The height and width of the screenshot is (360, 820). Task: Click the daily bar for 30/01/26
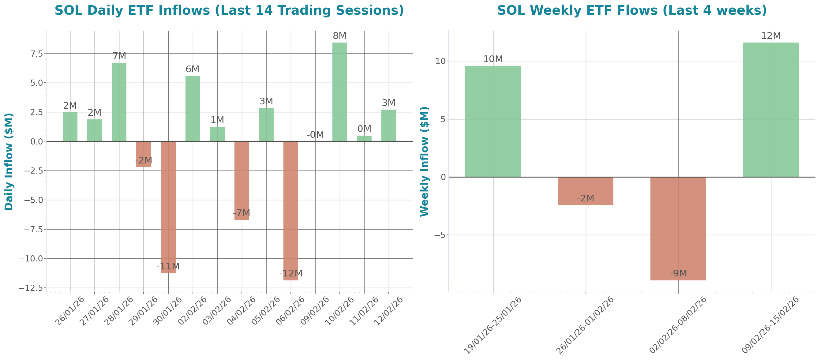click(x=168, y=207)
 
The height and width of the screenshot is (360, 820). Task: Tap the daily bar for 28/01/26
click(x=119, y=102)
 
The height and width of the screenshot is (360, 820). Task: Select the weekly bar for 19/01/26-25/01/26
click(x=493, y=121)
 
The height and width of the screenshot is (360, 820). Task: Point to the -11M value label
click(x=168, y=266)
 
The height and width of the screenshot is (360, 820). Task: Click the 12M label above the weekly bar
click(x=771, y=36)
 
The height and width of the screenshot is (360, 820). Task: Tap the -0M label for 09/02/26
click(x=315, y=135)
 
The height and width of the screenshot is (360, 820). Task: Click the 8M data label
click(x=340, y=36)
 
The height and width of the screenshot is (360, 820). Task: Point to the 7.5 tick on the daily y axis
click(x=36, y=54)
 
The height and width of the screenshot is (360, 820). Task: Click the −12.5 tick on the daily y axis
click(x=31, y=288)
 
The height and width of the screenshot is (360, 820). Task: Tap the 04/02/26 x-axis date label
click(x=241, y=311)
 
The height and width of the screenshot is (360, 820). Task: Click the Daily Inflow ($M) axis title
click(x=9, y=161)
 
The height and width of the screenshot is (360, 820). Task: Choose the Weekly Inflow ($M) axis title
click(x=424, y=161)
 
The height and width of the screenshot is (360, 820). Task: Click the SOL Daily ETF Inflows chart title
click(x=229, y=10)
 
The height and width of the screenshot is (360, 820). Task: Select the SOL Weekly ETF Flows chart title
click(x=632, y=10)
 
